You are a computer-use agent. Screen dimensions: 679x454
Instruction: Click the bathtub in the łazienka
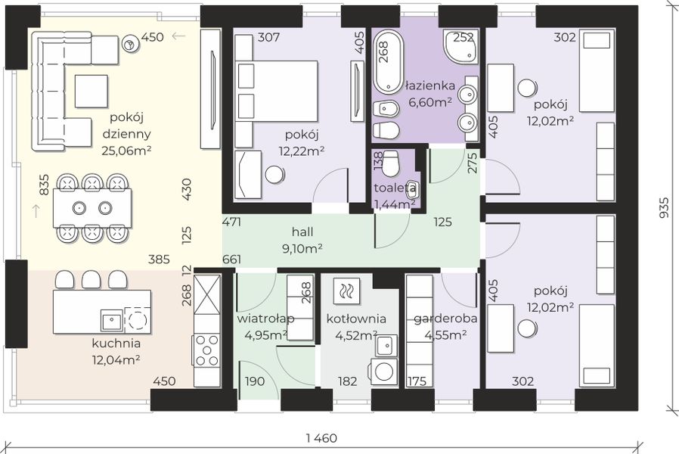pyautogui.click(x=388, y=61)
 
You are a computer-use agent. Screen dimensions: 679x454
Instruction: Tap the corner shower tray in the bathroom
pyautogui.click(x=460, y=45)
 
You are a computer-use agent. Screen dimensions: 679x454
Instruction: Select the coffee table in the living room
pyautogui.click(x=91, y=91)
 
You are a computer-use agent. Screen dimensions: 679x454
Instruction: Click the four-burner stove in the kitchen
pyautogui.click(x=206, y=350)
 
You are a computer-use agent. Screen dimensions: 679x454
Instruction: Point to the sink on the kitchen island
pyautogui.click(x=112, y=321)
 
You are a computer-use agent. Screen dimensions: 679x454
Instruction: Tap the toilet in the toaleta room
pyautogui.click(x=392, y=163)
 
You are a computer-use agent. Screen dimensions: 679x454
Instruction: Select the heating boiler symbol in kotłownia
pyautogui.click(x=346, y=291)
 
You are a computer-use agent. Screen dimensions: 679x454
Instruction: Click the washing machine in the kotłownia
pyautogui.click(x=383, y=371)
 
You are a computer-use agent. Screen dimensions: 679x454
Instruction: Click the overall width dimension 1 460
pyautogui.click(x=321, y=438)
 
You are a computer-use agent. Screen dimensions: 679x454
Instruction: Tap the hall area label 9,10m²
pyautogui.click(x=302, y=249)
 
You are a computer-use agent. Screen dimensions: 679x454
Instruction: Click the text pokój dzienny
pyautogui.click(x=126, y=125)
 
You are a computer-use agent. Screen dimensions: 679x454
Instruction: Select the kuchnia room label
pyautogui.click(x=116, y=343)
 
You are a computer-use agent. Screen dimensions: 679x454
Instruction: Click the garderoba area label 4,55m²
pyautogui.click(x=445, y=335)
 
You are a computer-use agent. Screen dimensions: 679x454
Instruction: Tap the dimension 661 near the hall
pyautogui.click(x=231, y=260)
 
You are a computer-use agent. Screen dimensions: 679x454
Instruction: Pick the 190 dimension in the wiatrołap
pyautogui.click(x=255, y=381)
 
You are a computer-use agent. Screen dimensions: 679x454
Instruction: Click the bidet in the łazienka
pyautogui.click(x=386, y=109)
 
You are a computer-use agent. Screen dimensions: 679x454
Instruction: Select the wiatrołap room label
pyautogui.click(x=265, y=319)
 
